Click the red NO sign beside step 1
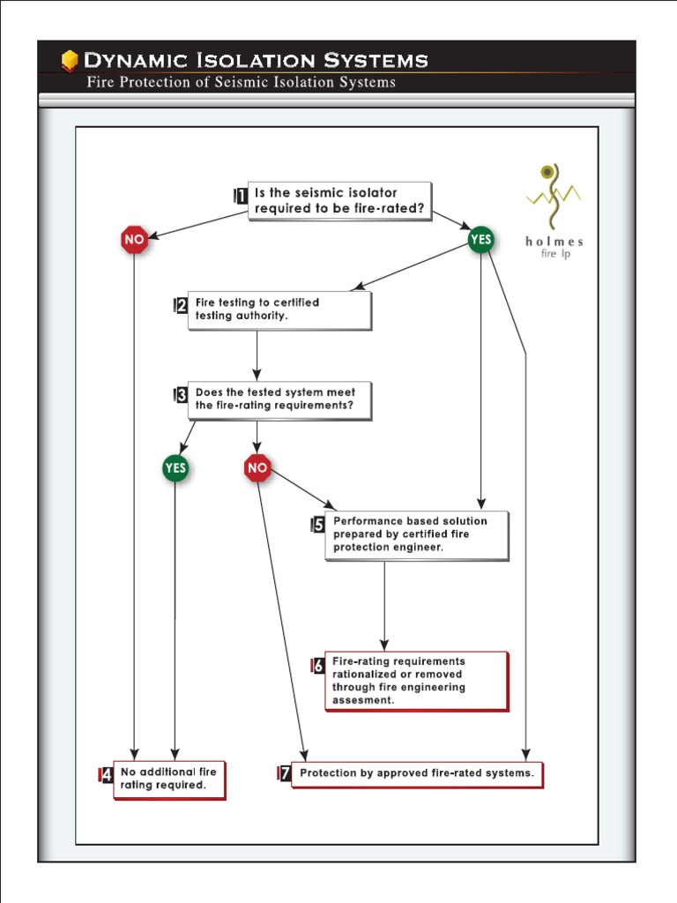click(134, 240)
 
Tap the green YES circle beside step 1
click(480, 239)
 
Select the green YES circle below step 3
click(175, 468)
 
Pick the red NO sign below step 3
click(257, 468)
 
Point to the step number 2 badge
click(181, 306)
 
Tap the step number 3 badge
click(181, 396)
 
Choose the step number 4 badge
click(106, 776)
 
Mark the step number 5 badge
click(318, 526)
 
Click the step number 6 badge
click(317, 666)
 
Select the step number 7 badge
click(284, 774)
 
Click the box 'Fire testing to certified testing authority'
click(279, 310)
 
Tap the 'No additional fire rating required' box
click(169, 779)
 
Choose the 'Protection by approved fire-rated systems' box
click(417, 773)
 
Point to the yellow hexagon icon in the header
click(70, 61)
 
